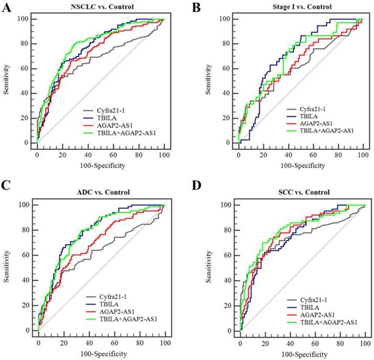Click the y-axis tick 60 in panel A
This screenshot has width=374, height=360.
pos(27,69)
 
